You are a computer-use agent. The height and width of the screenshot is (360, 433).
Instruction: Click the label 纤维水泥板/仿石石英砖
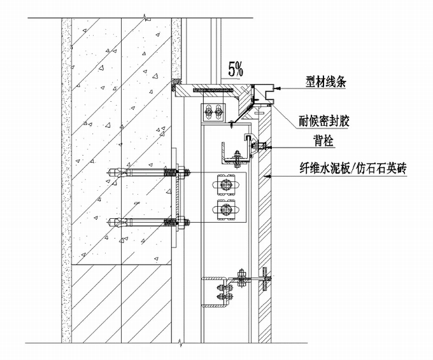click(x=353, y=169)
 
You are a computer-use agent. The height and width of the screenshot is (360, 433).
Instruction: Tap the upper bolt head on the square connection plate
click(x=225, y=185)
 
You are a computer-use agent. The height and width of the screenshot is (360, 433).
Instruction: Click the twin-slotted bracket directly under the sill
click(x=212, y=111)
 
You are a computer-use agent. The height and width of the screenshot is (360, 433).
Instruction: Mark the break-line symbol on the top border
click(x=146, y=14)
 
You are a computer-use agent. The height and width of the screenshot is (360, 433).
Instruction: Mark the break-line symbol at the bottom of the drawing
click(x=182, y=345)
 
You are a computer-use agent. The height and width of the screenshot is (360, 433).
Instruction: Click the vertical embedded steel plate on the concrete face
click(x=174, y=198)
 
